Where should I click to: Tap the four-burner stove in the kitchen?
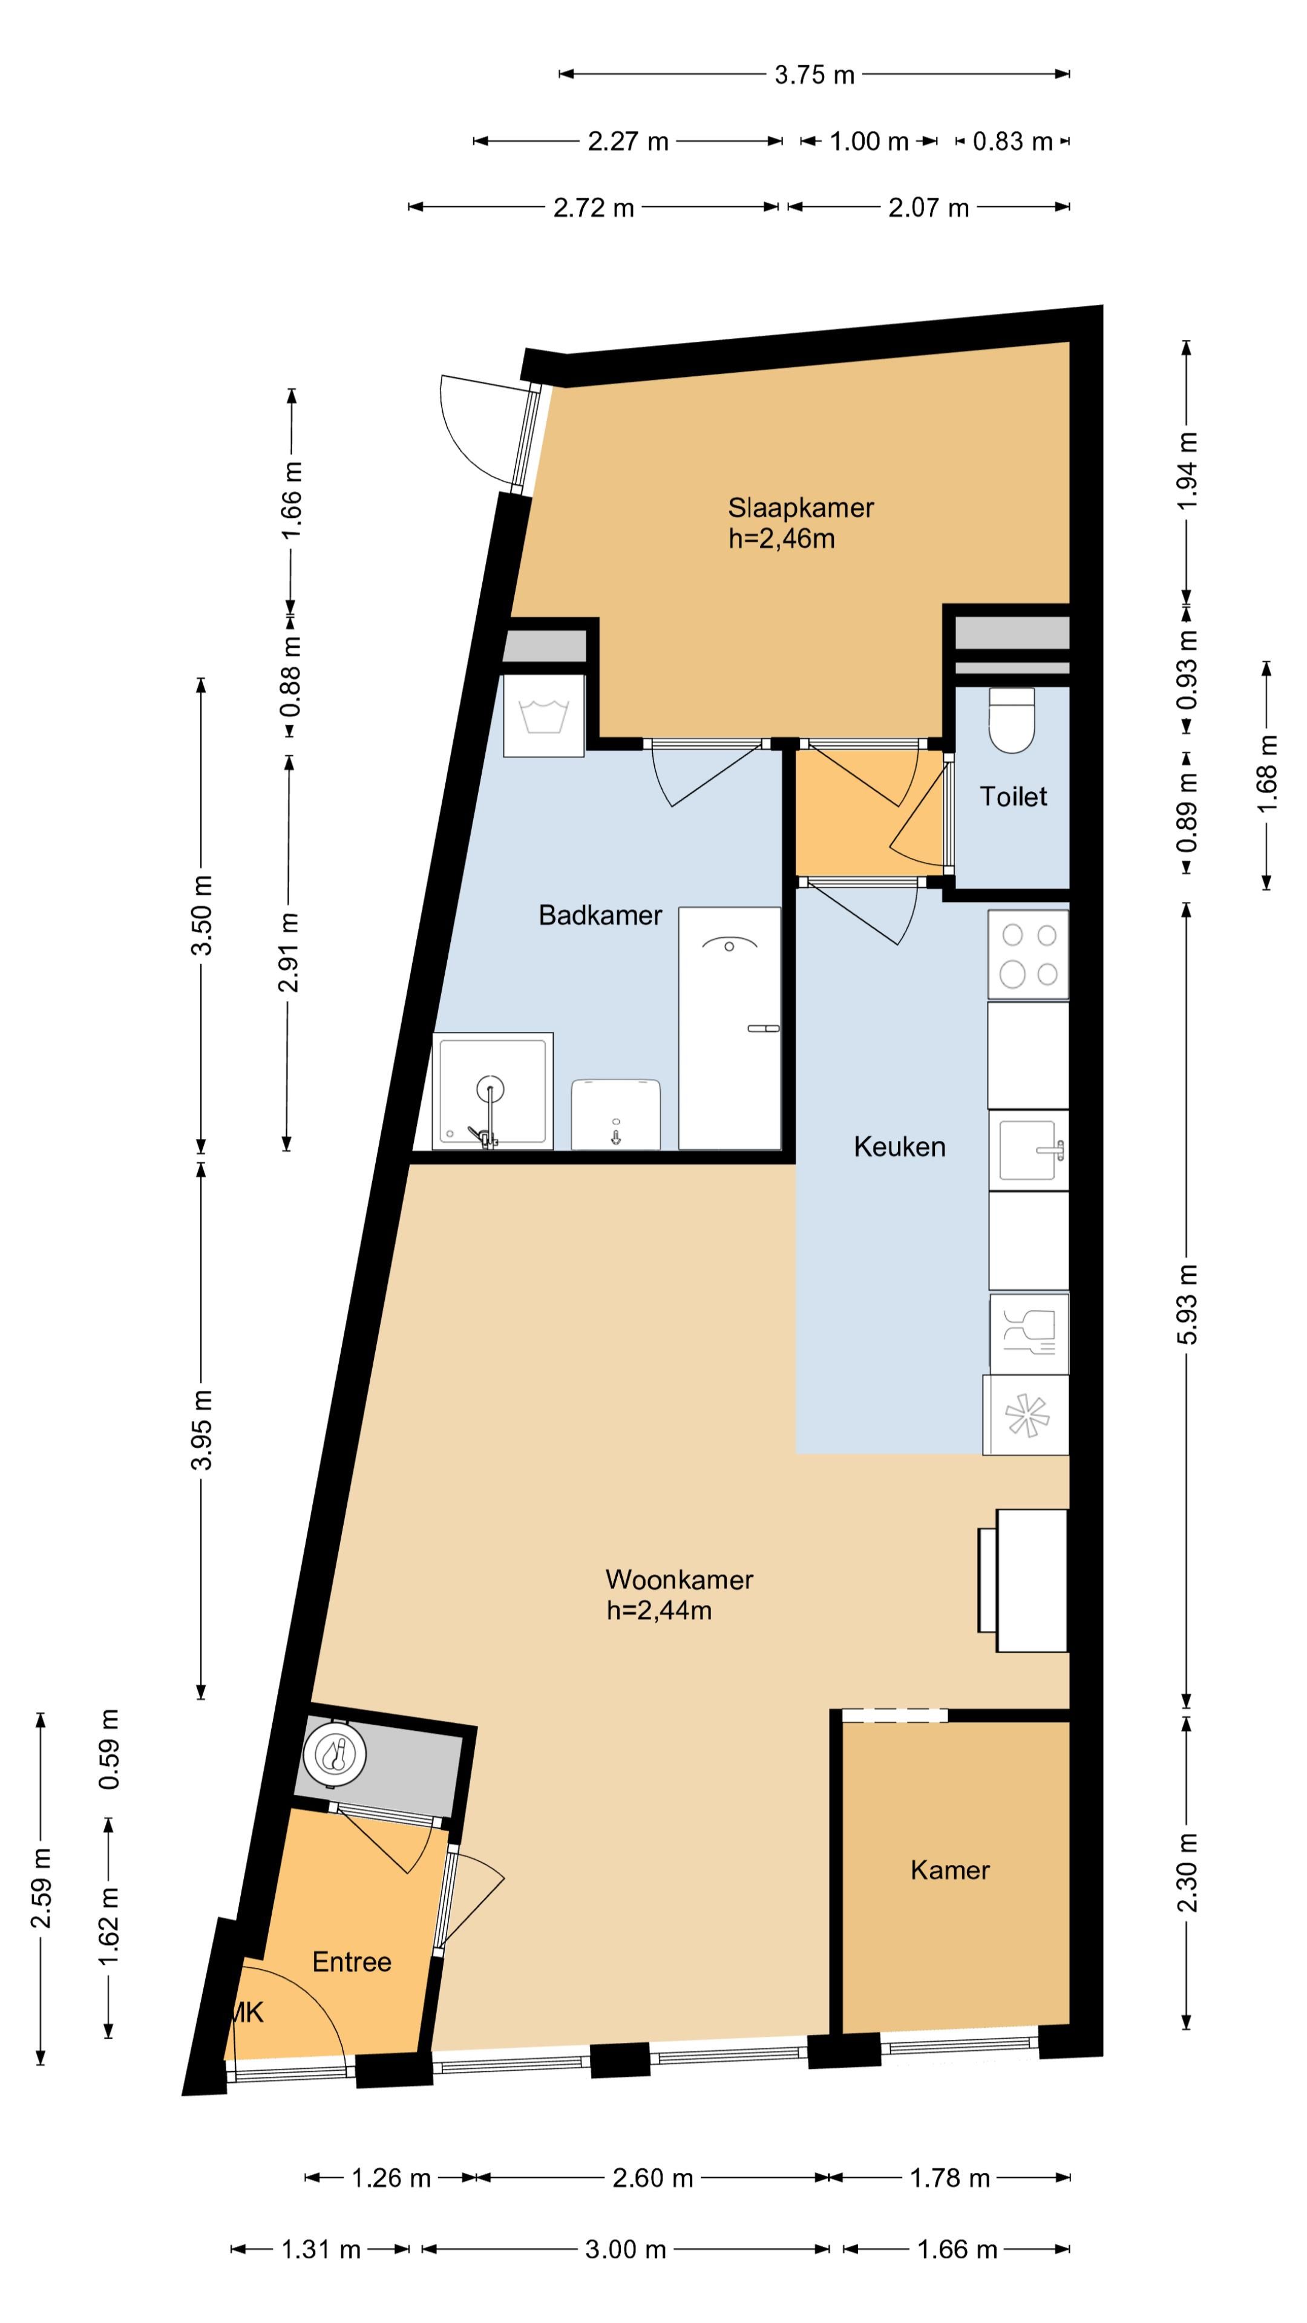click(1028, 954)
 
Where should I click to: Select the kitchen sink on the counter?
click(1028, 1150)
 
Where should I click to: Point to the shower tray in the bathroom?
click(493, 1091)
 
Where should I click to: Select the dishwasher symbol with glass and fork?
click(1029, 1335)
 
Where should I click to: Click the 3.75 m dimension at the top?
click(814, 75)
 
